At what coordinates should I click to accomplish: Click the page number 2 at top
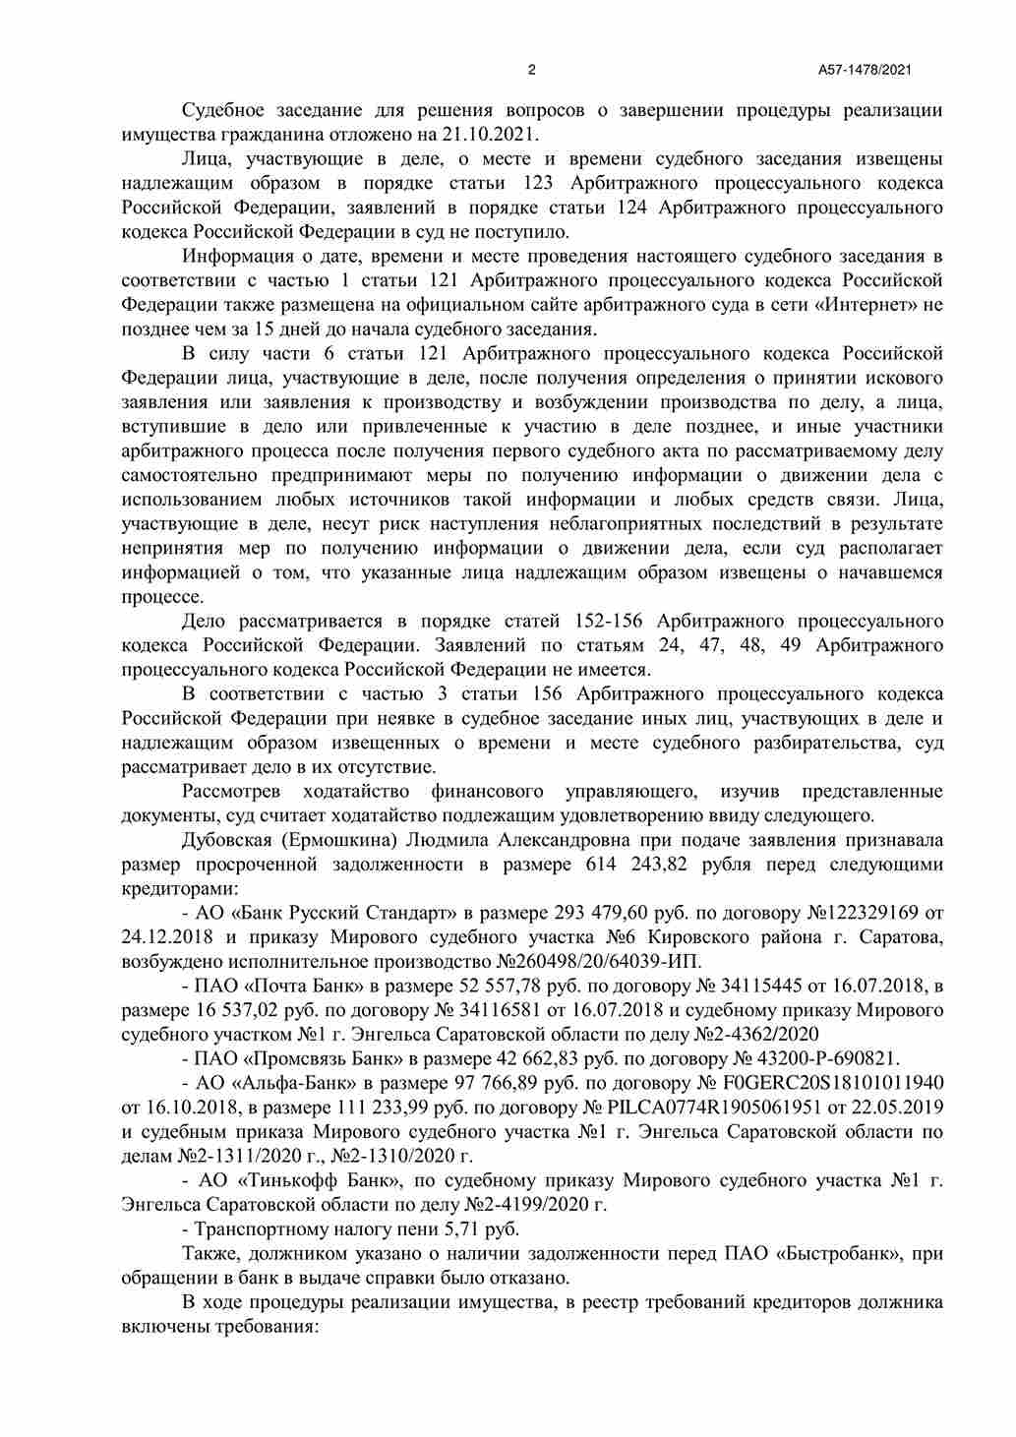[532, 70]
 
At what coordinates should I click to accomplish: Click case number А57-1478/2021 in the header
[865, 70]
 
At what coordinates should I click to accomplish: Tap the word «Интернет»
[867, 305]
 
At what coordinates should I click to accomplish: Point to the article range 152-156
[599, 622]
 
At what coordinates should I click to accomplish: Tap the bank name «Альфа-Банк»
[296, 1083]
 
